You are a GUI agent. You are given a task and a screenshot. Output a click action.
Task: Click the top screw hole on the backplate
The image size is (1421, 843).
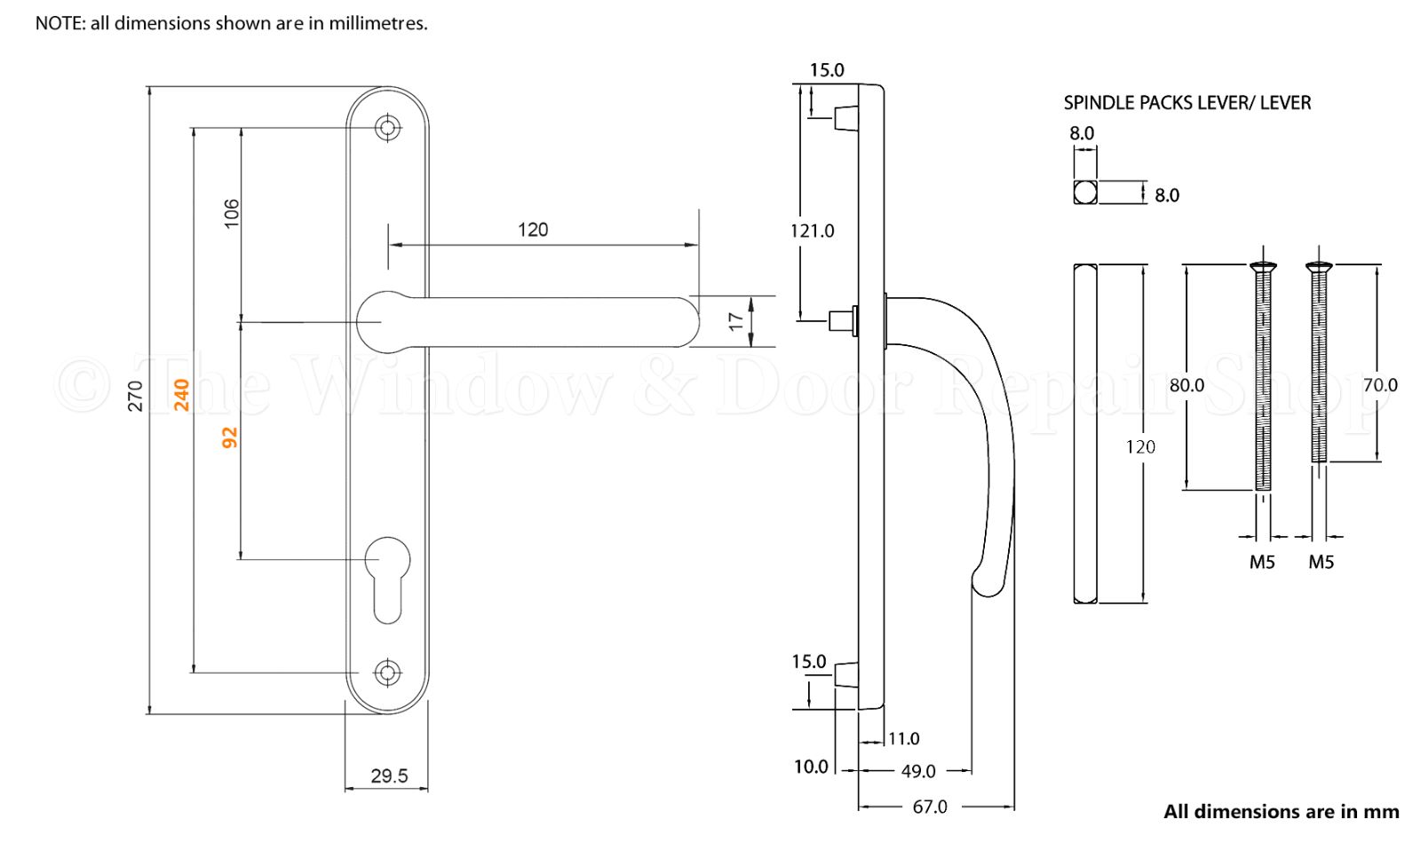coord(386,128)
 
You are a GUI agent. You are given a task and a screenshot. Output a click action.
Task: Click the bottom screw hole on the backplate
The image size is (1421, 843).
coord(386,673)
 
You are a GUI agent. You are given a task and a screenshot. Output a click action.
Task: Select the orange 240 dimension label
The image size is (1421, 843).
coord(182,395)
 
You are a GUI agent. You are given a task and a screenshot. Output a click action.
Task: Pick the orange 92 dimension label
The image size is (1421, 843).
coord(230,437)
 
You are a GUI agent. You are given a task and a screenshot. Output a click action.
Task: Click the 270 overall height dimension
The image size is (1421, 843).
coord(136,396)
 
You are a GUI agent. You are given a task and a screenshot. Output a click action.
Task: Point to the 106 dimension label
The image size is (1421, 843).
coord(231,214)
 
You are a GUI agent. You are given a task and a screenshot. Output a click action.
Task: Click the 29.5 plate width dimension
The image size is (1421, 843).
coord(389,776)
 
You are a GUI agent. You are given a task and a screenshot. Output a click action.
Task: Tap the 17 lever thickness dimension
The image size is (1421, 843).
coord(736,321)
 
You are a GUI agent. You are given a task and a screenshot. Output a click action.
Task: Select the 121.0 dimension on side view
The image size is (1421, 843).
coord(813,232)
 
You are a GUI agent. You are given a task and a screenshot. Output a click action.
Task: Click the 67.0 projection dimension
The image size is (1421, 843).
coord(930,807)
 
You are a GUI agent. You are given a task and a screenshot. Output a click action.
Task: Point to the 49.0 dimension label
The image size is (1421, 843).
coord(918,772)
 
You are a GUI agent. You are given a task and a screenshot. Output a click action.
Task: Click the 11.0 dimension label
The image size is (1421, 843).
coord(903,738)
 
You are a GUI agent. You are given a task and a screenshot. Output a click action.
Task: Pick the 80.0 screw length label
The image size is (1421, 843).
coord(1187,385)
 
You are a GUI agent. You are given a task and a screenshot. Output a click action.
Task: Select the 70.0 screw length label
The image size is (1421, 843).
coord(1380,385)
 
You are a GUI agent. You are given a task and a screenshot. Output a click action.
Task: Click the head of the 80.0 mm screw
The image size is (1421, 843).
coord(1263,265)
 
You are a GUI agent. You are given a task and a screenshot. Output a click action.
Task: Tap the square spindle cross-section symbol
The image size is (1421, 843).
coord(1085,192)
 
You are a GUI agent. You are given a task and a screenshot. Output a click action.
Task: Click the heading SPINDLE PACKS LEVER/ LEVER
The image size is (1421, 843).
coord(1187,103)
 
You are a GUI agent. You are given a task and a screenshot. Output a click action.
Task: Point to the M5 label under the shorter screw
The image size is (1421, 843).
coord(1321,562)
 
